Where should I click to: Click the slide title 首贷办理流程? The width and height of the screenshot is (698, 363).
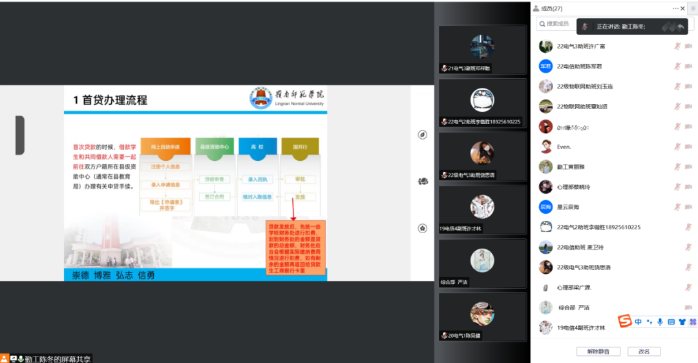(110, 100)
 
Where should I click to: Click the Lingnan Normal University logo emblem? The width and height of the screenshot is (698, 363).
(260, 99)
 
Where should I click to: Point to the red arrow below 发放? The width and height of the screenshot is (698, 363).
(293, 211)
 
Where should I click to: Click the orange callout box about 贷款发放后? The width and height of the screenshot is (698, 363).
(295, 248)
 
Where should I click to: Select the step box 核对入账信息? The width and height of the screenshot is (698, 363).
(257, 196)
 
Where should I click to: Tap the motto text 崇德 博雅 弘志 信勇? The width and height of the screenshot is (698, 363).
(113, 275)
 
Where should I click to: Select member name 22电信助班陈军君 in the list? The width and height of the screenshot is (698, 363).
(579, 67)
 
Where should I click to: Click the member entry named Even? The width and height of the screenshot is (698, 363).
(564, 147)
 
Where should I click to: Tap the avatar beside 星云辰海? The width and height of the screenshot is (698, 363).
(545, 207)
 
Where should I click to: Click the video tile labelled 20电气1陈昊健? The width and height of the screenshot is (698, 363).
(482, 318)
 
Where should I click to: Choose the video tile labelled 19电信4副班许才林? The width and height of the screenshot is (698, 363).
(482, 211)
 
